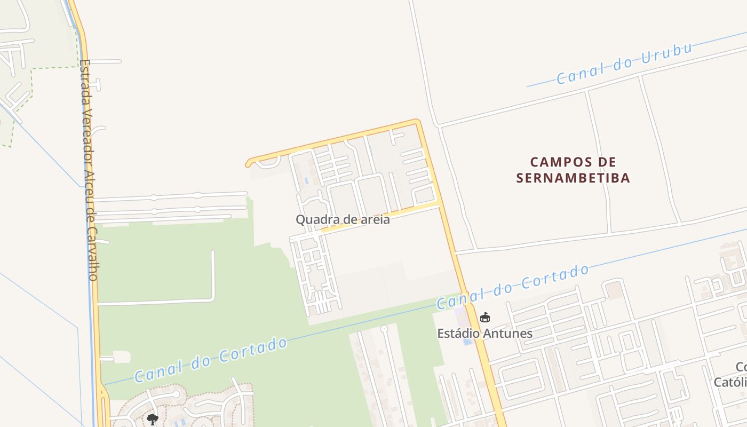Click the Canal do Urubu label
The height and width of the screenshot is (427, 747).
coord(624,64)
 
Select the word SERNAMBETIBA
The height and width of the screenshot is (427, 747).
coord(574,178)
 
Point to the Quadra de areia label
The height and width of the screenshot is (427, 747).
coord(343,219)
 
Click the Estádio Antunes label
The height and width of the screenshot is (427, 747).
coord(484,334)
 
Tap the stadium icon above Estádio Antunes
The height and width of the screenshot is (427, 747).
coord(484,318)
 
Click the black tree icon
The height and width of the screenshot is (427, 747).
coord(153,419)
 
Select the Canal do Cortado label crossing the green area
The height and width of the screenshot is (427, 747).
coord(211,360)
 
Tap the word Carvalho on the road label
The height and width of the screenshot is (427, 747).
coord(92,255)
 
